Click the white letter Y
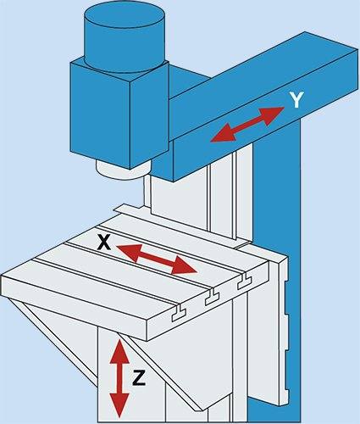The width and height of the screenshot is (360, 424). click(x=296, y=100)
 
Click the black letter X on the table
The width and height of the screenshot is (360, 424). click(x=104, y=243)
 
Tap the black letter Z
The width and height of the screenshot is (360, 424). click(x=139, y=377)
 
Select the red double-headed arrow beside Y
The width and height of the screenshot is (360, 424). click(x=247, y=124)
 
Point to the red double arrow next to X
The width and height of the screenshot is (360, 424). click(x=156, y=259)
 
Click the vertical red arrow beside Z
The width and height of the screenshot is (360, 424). click(x=120, y=378)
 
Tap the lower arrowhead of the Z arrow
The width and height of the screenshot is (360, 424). click(x=119, y=405)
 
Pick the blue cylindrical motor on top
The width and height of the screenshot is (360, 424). click(x=125, y=39)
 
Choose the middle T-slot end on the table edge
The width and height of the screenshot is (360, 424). click(x=213, y=298)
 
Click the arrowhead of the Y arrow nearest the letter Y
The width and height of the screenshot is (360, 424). click(x=273, y=114)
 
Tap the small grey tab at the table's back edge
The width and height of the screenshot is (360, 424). click(x=126, y=209)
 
